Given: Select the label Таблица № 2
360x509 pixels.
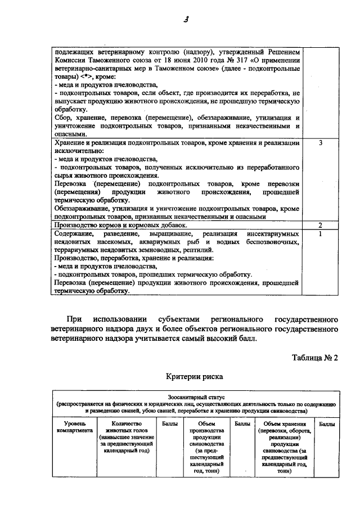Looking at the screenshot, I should pyautogui.click(x=315, y=358).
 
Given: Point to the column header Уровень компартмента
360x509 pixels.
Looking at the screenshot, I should pyautogui.click(x=71, y=427).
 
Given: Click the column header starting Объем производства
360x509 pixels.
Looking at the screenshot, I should pyautogui.click(x=207, y=448).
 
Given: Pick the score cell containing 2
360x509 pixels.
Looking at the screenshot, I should pyautogui.click(x=320, y=225).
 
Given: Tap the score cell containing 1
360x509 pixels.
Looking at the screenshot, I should pyautogui.click(x=320, y=233).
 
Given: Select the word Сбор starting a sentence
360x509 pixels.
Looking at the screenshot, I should pyautogui.click(x=63, y=118).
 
